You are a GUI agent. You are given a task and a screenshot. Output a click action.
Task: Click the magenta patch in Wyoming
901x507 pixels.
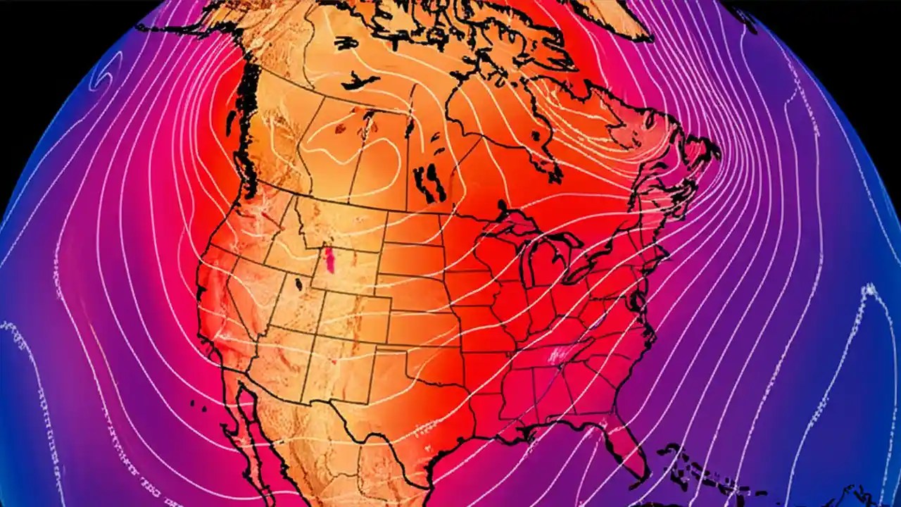[329, 261]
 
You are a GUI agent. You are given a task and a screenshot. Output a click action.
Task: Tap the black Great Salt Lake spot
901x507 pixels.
[298, 284]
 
